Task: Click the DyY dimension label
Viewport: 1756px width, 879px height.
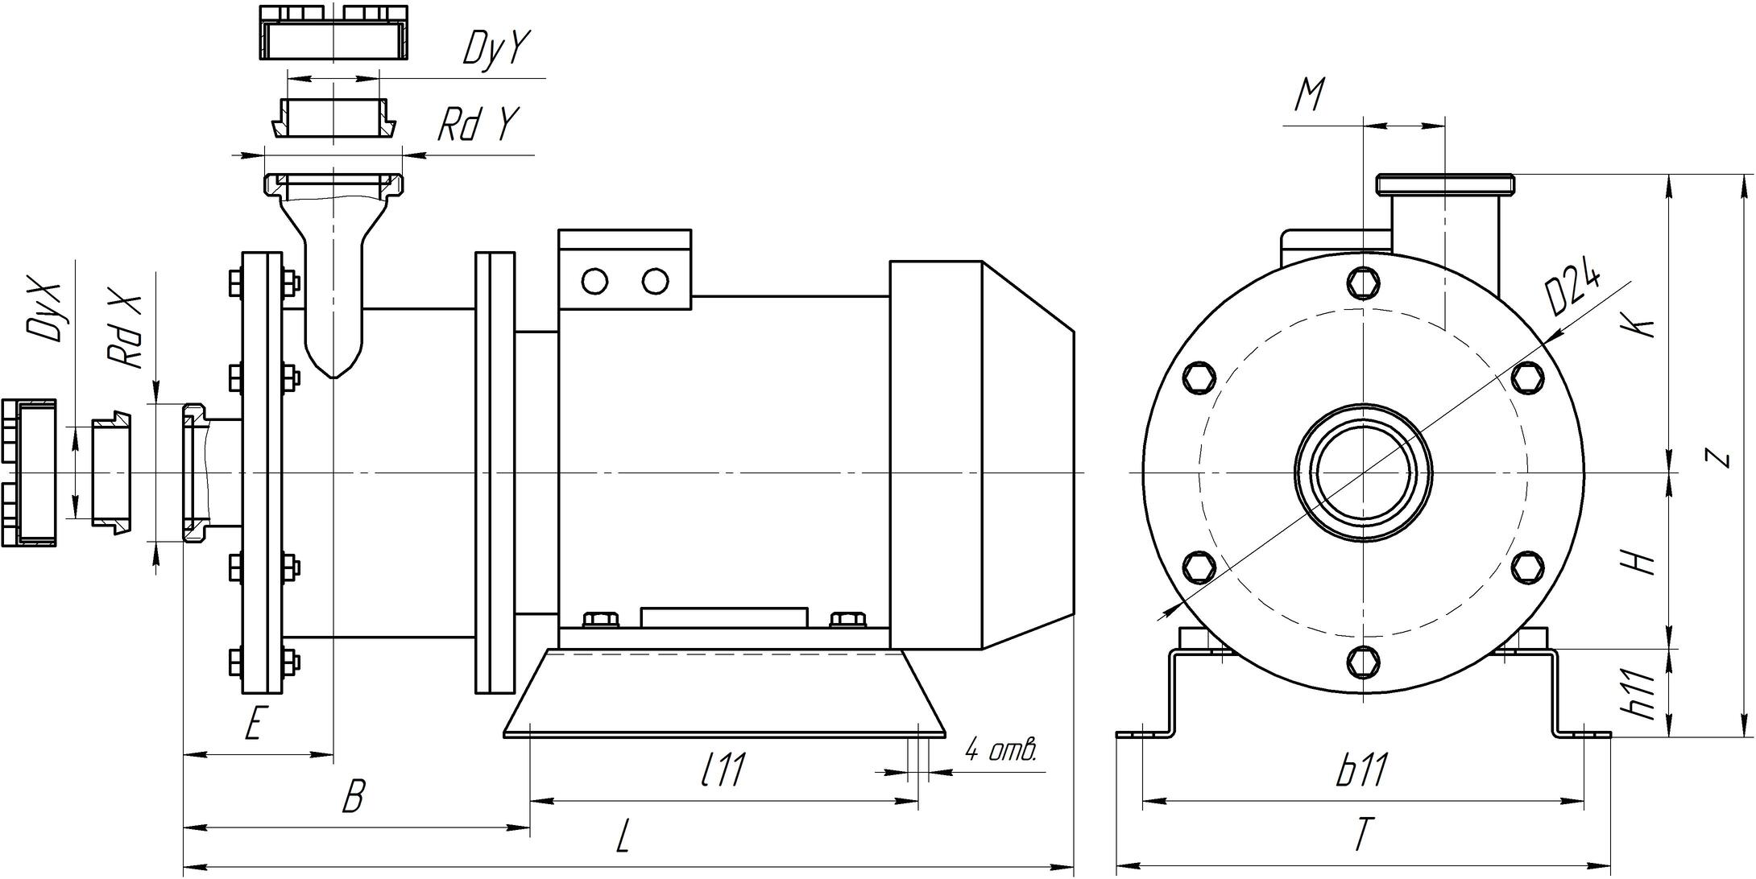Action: (495, 49)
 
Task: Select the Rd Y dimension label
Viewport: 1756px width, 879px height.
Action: (477, 125)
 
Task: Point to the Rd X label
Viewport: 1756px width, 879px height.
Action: (127, 332)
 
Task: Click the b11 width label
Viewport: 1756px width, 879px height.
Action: (1362, 771)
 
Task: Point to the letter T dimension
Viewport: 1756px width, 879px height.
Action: (1361, 835)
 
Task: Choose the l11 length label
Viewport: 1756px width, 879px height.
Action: (723, 771)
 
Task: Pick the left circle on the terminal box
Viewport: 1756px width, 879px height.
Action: (594, 282)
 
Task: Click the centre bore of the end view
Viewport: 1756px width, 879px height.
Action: (1363, 471)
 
